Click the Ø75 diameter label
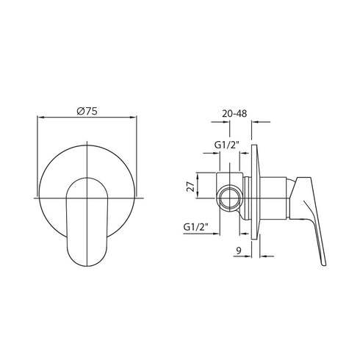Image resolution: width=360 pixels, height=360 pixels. point(87,110)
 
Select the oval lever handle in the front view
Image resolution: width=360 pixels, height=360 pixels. point(87,224)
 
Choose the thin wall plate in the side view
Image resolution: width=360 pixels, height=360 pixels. point(254,195)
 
